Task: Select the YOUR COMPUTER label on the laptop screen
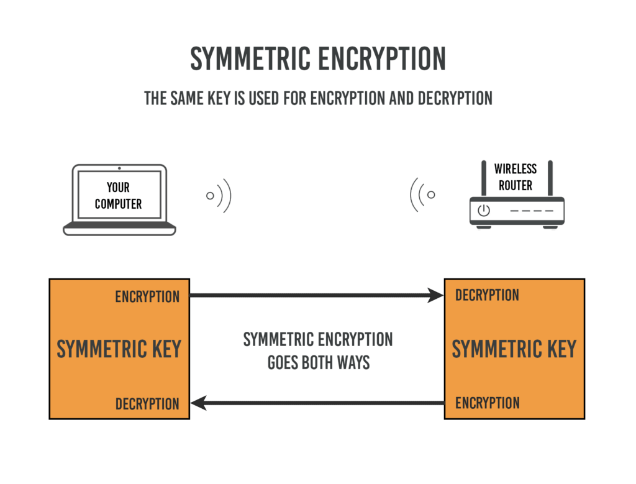point(118,196)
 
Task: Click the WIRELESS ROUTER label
point(515,176)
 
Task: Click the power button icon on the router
point(484,211)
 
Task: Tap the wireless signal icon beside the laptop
point(219,196)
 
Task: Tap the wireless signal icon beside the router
point(422,195)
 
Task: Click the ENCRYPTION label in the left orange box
point(147,297)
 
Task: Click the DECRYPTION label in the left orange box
point(147,404)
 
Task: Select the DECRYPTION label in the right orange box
point(487,295)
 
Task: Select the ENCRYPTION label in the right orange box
point(487,403)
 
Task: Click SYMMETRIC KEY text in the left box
point(119,349)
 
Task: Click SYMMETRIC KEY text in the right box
point(514,349)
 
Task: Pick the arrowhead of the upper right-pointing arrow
point(437,296)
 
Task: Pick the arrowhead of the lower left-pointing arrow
point(198,404)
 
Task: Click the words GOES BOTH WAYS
point(318,362)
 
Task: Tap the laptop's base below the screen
point(119,230)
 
